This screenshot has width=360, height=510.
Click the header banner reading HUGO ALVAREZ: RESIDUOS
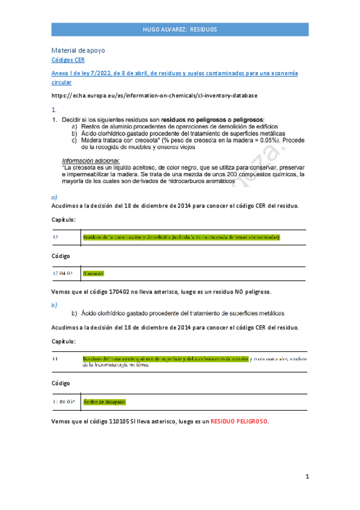coord(180,29)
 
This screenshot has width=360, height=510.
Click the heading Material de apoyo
coord(78,51)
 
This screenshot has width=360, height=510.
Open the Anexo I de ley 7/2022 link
coord(175,73)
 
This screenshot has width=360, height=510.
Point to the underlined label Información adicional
coord(90,161)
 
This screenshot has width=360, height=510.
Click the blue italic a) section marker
coord(54,197)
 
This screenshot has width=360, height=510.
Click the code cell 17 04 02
coord(63,273)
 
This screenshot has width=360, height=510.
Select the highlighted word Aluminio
coord(93,273)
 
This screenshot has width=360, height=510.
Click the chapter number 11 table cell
coord(55,359)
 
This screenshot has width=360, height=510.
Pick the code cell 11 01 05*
coord(63,401)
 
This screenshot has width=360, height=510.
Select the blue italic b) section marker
coord(54,304)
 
